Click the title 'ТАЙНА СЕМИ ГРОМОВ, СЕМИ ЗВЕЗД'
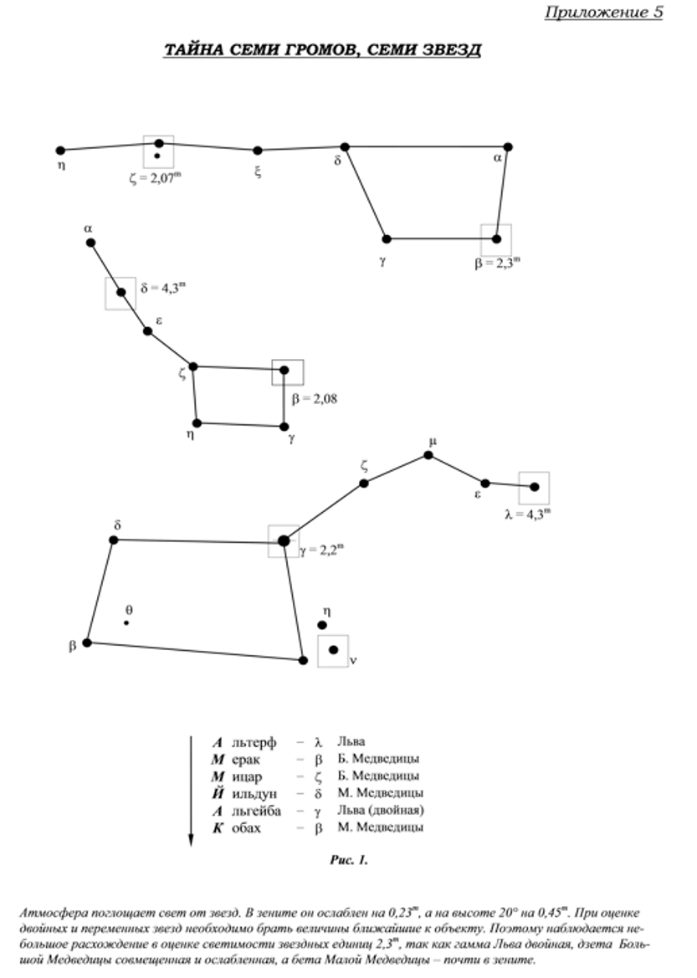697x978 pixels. point(322,49)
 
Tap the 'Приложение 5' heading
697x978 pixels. point(603,13)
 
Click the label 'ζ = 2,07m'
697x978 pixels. point(156,179)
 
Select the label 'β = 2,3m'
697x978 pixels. point(497,263)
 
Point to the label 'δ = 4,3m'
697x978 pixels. point(163,288)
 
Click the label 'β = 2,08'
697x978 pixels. point(315,399)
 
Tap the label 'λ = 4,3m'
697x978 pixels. point(528,515)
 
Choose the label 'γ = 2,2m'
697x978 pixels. point(321,550)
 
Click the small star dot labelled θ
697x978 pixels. point(126,622)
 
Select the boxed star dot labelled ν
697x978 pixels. point(333,650)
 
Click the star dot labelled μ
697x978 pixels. point(428,454)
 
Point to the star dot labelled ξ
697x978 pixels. point(258,151)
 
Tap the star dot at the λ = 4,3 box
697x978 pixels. point(535,487)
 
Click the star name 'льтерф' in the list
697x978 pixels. point(254,743)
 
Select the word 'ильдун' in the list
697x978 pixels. point(254,794)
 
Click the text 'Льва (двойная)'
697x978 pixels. point(381,810)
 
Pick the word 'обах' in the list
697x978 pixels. point(246,828)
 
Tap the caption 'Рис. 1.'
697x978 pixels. point(349,860)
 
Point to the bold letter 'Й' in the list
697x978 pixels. point(218,793)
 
